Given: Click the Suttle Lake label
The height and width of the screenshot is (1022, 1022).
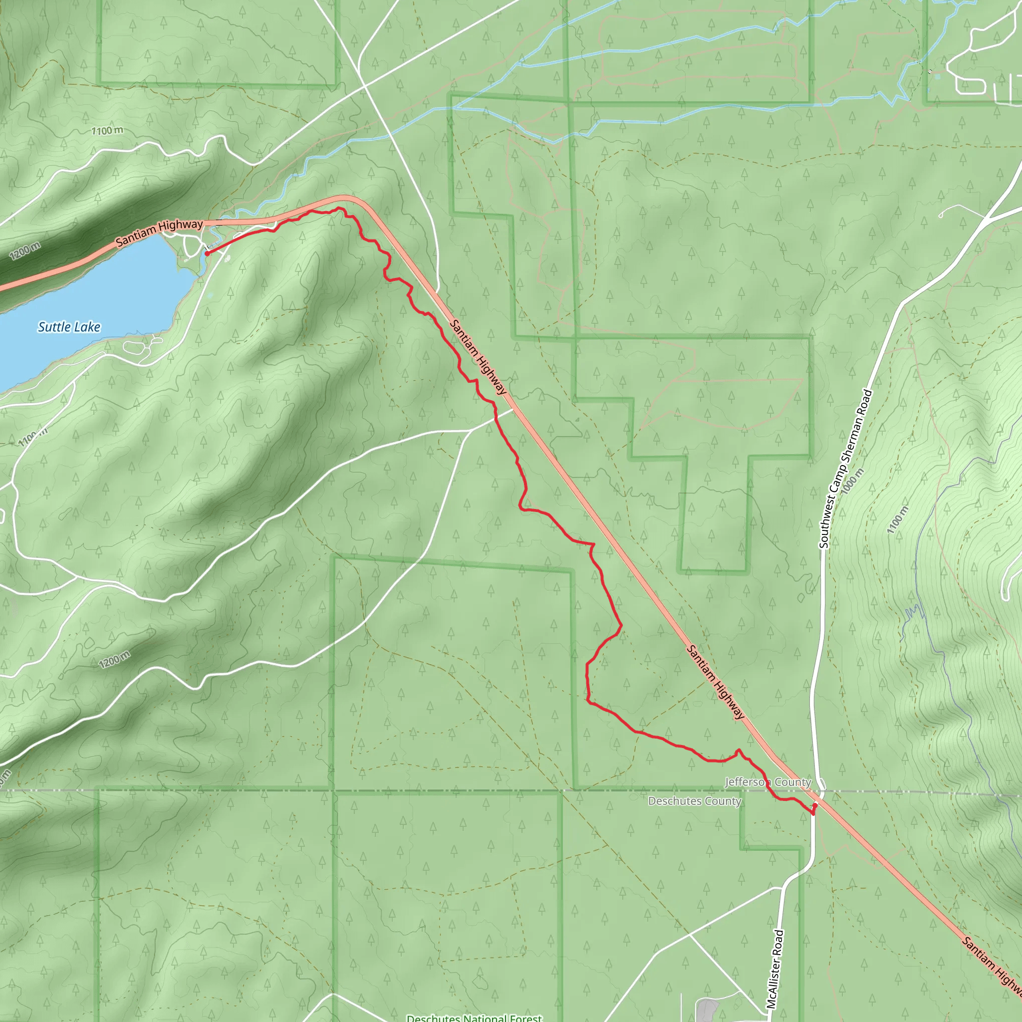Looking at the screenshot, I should coord(69,327).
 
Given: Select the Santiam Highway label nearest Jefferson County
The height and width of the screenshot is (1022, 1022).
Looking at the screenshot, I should coord(715,682).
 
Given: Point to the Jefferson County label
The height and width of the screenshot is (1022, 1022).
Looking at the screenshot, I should coord(767,782).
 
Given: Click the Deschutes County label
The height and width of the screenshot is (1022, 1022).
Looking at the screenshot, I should coord(695,801).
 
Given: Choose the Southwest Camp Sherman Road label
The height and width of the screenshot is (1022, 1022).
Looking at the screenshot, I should coord(845,469).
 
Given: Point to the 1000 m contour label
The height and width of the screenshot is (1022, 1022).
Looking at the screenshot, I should coord(852,481).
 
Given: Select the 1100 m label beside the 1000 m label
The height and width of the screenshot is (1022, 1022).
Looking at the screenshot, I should coord(898,519).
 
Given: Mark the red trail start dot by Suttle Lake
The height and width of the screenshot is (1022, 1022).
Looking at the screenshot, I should coord(207,254).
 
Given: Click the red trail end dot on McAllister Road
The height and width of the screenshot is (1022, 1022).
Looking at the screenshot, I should coord(813,812).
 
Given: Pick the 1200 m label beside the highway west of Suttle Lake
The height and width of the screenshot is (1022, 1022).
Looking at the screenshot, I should coord(25,250).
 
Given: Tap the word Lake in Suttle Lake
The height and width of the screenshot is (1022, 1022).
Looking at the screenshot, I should coord(87,327).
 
